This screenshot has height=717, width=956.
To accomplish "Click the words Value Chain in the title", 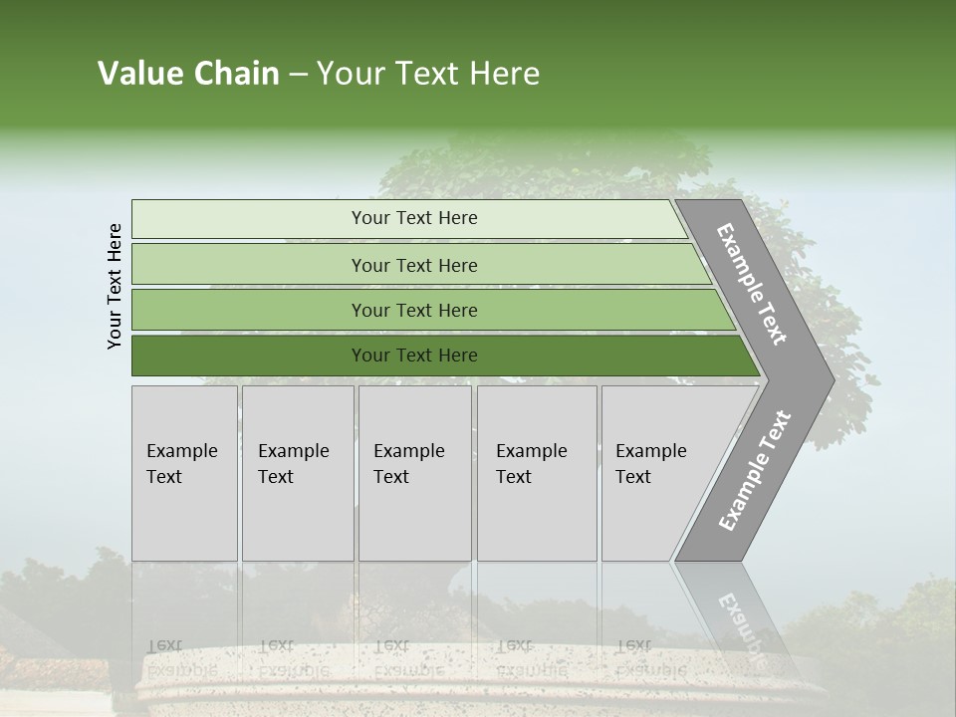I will point(188,74).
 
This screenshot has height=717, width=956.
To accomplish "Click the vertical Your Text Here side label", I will point(115,286).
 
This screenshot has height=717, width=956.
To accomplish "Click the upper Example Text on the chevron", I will point(752,284).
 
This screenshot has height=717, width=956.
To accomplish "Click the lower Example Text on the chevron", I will point(754,470).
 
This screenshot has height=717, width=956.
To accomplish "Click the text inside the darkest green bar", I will point(414,356).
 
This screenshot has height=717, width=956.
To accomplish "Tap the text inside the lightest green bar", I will point(414,218).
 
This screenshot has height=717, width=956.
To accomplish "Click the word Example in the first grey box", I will point(181,451).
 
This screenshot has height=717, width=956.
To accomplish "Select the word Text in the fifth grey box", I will point(632,477).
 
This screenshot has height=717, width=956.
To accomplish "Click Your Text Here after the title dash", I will point(428,74).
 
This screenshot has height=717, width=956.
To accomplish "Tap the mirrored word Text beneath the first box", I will point(164,645).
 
